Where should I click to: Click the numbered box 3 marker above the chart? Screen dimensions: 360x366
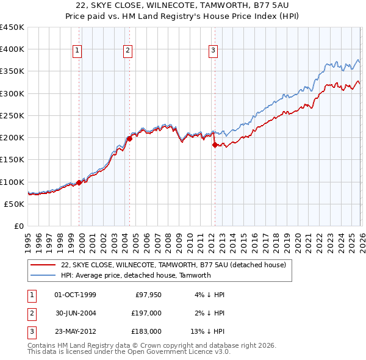213,51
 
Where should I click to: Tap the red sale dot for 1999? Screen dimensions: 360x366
79,182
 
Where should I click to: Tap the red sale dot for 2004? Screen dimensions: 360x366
130,139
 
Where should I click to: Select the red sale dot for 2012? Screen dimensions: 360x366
215,145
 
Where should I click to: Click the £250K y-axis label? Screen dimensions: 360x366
12,115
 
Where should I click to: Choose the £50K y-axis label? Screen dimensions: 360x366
15,204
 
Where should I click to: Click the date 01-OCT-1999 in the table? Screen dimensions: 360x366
75,295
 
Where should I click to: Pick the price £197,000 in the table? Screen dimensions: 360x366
146,313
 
